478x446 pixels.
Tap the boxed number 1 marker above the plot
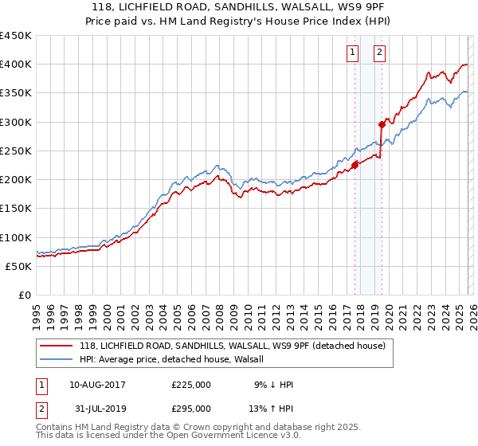[352, 53]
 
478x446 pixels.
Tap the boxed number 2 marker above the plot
[379, 53]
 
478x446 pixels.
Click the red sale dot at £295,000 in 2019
[382, 124]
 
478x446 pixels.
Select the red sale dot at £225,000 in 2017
[355, 165]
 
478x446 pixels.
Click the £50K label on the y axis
[19, 266]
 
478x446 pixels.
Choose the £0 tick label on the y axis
[24, 295]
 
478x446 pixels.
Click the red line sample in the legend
[56, 346]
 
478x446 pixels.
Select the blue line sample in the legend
[56, 360]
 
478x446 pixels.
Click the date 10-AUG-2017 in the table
[97, 385]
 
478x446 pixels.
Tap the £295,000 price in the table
[191, 409]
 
